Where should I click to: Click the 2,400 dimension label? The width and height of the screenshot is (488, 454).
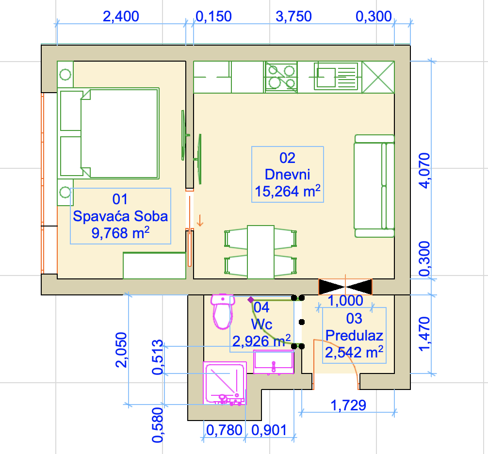click(x=121, y=16)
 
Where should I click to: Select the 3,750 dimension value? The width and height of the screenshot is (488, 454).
click(x=293, y=16)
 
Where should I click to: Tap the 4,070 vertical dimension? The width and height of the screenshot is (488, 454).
click(x=424, y=171)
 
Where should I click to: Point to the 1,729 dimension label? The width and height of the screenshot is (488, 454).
click(x=348, y=405)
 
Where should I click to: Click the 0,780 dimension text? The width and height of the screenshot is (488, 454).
click(x=224, y=430)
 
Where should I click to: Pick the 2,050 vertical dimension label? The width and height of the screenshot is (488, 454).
click(x=121, y=350)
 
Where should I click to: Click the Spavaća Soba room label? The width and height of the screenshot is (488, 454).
click(x=120, y=216)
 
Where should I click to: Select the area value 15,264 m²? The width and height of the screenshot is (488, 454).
click(x=288, y=191)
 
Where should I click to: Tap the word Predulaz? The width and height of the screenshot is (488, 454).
click(x=354, y=335)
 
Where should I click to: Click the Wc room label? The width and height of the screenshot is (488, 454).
click(x=262, y=324)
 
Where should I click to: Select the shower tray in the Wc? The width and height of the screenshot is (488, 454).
click(x=225, y=383)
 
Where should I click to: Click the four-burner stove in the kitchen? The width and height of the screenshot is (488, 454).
click(x=281, y=77)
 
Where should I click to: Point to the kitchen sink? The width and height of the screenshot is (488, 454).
click(x=336, y=77)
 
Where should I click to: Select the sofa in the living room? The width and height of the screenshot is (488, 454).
click(x=374, y=186)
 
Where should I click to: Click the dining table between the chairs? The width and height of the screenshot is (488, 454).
click(x=261, y=252)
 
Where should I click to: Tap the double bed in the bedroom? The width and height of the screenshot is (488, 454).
click(x=108, y=133)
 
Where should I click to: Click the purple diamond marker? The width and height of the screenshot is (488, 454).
click(x=250, y=300)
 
